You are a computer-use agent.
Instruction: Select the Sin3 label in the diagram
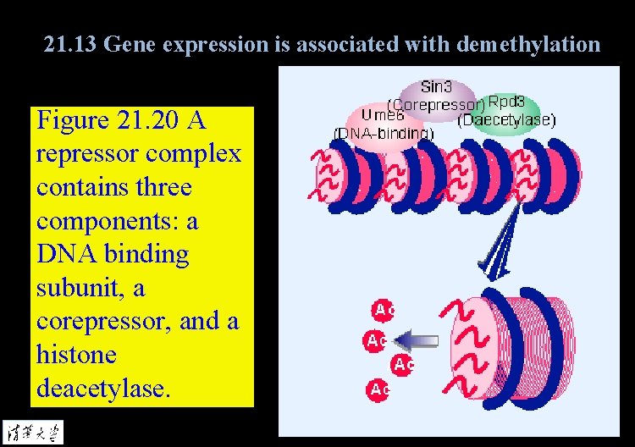[437, 86]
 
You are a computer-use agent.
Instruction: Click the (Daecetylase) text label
[506, 120]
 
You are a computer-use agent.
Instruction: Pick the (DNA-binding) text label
[384, 133]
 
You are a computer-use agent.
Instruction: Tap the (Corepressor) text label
[436, 105]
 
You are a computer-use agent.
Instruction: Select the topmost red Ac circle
[384, 310]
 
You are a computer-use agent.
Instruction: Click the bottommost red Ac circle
[378, 389]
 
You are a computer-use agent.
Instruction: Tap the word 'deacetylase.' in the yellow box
[103, 388]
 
